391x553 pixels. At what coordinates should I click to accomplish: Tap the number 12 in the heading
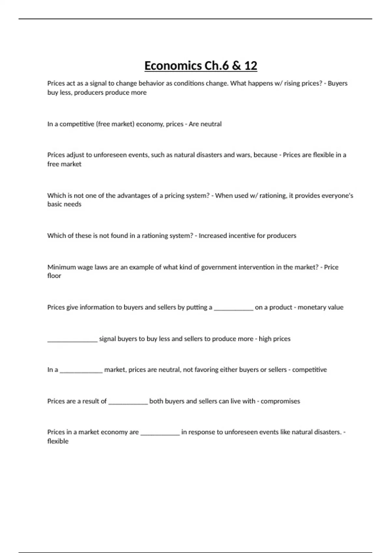[x=250, y=66]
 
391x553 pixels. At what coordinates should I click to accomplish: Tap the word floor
[x=54, y=276]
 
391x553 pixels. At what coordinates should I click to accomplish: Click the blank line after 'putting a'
[x=233, y=308]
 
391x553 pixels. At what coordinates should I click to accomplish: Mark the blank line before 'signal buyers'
[x=72, y=339]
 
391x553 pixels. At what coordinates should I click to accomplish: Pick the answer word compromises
[x=280, y=401]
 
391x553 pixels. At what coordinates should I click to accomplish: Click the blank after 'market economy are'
[x=160, y=433]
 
